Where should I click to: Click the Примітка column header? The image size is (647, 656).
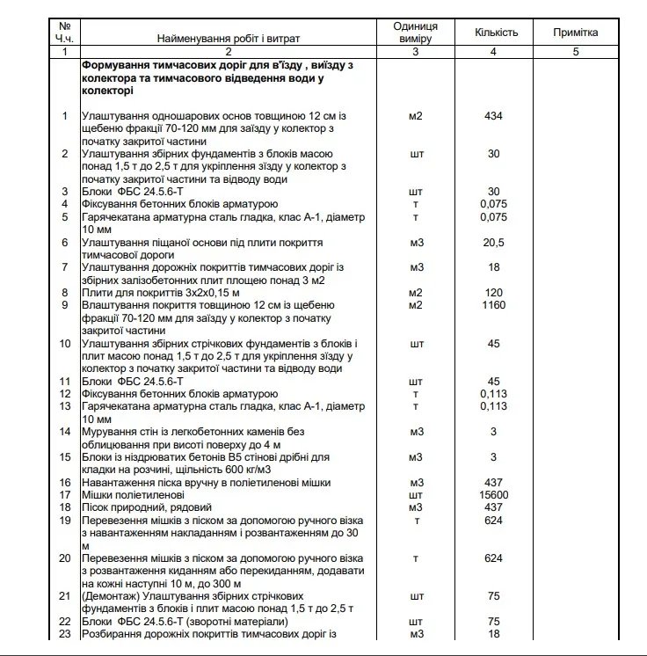[575, 33]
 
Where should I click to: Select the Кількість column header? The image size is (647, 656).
[497, 33]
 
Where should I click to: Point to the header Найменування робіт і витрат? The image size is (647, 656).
[228, 40]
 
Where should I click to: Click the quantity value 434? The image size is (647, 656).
[493, 116]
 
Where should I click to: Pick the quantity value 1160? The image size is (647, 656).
[493, 305]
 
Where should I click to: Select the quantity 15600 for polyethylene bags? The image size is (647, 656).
[493, 495]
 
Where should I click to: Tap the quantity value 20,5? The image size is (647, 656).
[493, 243]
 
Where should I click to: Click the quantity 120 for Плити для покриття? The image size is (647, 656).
[493, 292]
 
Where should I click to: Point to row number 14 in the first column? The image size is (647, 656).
[64, 432]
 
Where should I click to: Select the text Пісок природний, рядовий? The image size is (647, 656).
[147, 508]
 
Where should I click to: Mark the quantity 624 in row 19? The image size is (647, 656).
[493, 521]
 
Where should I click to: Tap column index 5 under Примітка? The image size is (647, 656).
[575, 52]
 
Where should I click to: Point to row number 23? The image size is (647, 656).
[64, 634]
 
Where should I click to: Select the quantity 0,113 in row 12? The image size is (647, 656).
[493, 394]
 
